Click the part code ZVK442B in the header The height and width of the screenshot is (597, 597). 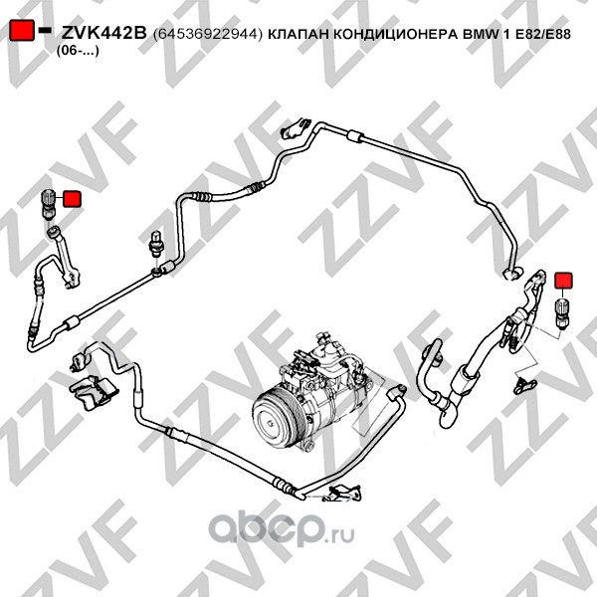[x=103, y=34]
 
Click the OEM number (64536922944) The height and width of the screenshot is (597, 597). [x=208, y=34]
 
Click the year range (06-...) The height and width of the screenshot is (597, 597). [x=78, y=51]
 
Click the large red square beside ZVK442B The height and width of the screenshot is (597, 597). [x=21, y=31]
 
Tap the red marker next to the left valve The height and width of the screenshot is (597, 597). [x=72, y=199]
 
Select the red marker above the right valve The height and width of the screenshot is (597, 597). [x=564, y=281]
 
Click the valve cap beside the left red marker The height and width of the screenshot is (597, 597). [x=48, y=204]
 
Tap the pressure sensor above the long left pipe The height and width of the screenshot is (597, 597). [x=156, y=243]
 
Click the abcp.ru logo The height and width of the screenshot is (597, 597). [x=281, y=529]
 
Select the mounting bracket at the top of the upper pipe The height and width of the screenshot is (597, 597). [x=296, y=128]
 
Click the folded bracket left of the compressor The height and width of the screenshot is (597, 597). [x=91, y=392]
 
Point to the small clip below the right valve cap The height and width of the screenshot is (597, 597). [x=524, y=386]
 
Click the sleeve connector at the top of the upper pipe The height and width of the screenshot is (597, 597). [x=355, y=136]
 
